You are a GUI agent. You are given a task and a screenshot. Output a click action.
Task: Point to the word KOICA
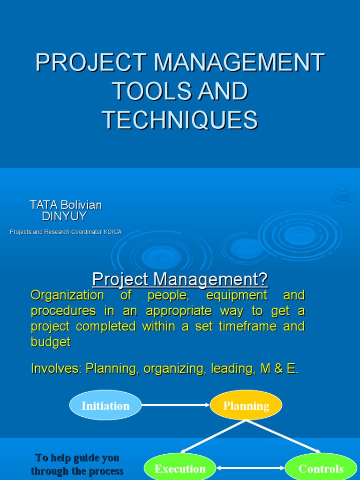point(112,232)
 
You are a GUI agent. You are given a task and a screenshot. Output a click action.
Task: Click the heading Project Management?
point(180,279)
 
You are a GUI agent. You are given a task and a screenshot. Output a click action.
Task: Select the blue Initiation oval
point(105,405)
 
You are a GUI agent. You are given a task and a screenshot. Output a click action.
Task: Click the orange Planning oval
point(246,405)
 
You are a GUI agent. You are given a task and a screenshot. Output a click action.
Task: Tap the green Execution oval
point(180,468)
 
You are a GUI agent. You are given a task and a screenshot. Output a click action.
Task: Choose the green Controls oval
point(321,468)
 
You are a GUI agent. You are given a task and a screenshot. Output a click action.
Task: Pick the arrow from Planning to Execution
point(213,436)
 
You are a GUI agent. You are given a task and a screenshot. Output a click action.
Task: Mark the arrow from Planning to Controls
point(284,436)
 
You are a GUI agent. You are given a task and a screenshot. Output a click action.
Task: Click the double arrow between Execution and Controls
point(251,468)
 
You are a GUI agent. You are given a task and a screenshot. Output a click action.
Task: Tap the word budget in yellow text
point(51,342)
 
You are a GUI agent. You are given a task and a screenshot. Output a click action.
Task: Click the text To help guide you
point(77,457)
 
